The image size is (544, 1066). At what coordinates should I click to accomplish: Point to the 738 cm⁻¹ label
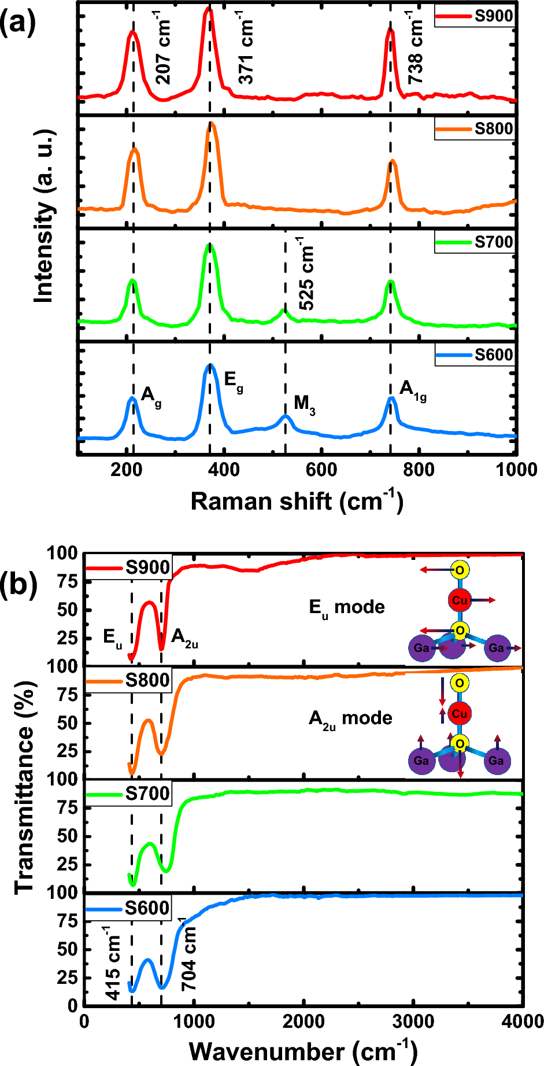(416, 47)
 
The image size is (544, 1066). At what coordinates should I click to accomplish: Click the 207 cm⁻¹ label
(164, 51)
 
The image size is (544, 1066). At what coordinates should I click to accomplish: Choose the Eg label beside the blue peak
(233, 381)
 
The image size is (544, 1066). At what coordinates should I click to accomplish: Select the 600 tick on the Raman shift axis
(321, 470)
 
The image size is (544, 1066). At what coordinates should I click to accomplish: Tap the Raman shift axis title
(297, 501)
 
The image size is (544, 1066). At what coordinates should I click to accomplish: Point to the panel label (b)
(18, 585)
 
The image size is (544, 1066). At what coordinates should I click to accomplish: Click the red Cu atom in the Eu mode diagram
(460, 600)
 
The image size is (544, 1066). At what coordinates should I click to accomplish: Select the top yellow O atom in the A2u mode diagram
(460, 683)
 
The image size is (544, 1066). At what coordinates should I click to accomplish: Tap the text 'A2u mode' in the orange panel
(350, 719)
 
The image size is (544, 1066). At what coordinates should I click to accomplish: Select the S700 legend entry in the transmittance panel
(147, 794)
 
